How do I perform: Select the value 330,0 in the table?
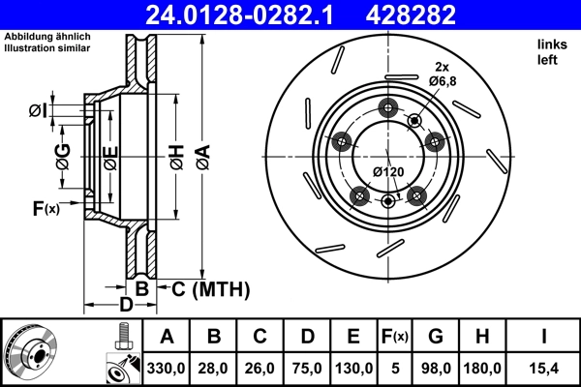[x=167, y=368]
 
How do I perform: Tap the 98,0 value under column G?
[x=436, y=368]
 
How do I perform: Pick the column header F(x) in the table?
[x=395, y=337]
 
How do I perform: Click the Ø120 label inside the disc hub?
[x=387, y=172]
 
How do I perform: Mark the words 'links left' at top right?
[x=549, y=52]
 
